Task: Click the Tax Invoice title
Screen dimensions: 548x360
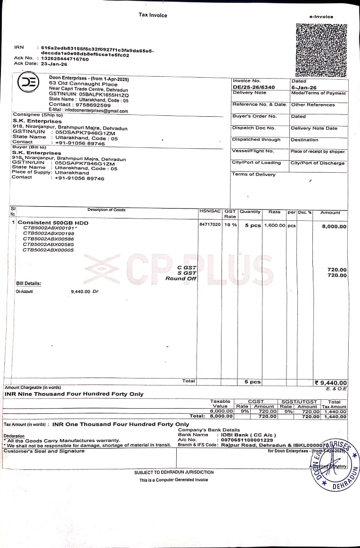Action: [153, 15]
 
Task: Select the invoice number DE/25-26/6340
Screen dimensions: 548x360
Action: [254, 88]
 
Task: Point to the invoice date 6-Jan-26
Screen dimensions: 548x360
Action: [304, 88]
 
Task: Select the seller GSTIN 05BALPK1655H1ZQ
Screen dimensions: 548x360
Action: [104, 95]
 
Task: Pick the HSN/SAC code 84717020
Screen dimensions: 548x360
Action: [210, 225]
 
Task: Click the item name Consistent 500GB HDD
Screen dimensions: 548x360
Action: [53, 223]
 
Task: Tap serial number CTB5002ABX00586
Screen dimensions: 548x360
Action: [49, 239]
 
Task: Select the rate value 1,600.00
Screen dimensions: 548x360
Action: [274, 226]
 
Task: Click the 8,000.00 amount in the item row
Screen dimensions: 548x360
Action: [334, 226]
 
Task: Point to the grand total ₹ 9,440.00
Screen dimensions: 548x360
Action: [331, 383]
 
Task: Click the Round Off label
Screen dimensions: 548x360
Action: [180, 279]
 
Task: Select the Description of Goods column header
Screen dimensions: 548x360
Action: [106, 210]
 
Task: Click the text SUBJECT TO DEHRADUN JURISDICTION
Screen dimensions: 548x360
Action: [174, 472]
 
